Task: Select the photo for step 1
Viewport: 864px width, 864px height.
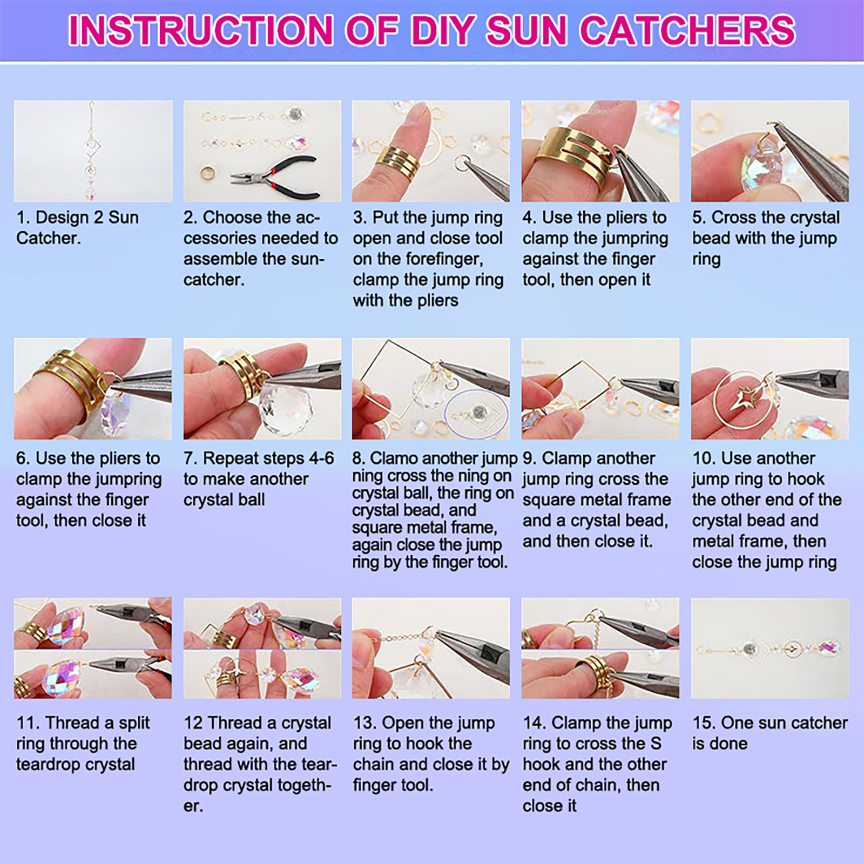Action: (93, 151)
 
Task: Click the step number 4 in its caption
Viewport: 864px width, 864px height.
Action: (529, 218)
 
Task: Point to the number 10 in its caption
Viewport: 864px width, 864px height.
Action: (703, 458)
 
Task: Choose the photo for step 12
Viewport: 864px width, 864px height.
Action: (262, 648)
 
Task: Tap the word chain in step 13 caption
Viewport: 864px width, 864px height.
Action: (375, 765)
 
